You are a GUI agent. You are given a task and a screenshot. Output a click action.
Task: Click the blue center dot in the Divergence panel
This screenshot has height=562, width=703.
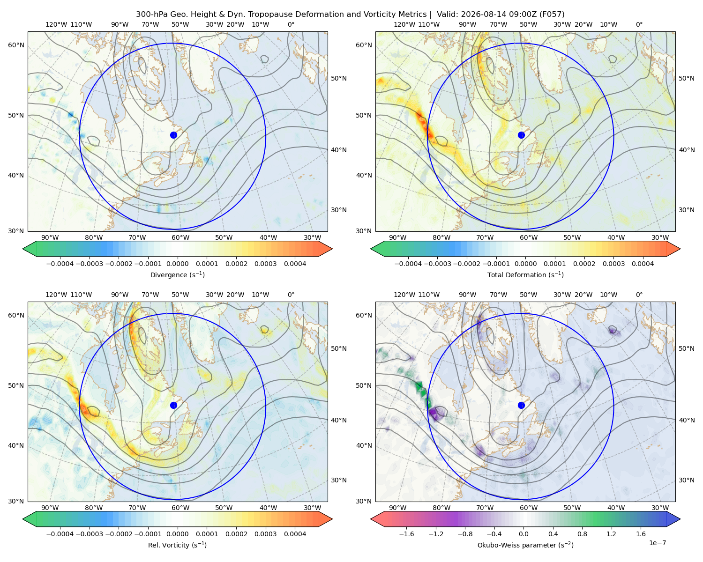click(x=173, y=135)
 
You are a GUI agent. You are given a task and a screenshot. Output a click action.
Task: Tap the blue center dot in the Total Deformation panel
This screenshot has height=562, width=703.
click(x=521, y=135)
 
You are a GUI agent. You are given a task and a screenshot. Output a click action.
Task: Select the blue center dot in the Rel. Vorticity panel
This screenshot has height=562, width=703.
click(x=173, y=405)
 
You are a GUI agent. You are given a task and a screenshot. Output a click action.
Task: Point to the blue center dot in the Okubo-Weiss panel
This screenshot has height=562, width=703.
click(x=521, y=405)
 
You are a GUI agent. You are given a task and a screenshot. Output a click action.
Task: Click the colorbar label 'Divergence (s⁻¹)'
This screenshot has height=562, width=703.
click(x=177, y=274)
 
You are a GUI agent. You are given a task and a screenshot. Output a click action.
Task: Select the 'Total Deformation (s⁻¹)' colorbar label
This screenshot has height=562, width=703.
click(x=525, y=274)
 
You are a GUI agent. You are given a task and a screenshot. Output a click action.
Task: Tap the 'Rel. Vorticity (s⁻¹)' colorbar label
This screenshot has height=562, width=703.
click(x=177, y=545)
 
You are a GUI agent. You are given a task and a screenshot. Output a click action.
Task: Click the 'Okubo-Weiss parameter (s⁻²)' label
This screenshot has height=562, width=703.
click(x=525, y=545)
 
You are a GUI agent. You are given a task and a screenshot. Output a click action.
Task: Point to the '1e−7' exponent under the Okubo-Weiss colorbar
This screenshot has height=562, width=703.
click(x=657, y=543)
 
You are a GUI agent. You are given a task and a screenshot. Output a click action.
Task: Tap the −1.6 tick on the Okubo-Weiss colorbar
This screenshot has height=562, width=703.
click(x=406, y=533)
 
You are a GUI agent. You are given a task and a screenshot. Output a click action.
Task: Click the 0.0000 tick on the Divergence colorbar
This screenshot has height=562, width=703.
click(x=177, y=264)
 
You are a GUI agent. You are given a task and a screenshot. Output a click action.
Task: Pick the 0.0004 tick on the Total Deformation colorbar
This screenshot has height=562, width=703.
click(x=643, y=264)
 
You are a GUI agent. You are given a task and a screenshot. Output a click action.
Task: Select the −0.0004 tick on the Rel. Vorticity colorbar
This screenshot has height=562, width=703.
click(x=60, y=533)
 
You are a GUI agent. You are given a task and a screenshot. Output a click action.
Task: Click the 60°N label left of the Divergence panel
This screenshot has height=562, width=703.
click(x=16, y=45)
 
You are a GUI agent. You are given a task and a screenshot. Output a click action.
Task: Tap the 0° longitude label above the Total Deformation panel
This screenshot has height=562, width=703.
click(x=639, y=24)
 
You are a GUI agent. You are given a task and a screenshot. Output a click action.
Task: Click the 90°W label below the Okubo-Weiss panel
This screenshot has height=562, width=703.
click(x=397, y=508)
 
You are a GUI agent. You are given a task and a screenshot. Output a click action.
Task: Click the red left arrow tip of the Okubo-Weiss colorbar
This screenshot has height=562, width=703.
click(x=371, y=519)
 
